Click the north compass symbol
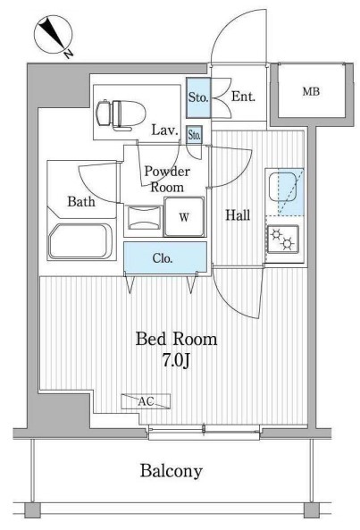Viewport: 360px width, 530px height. tap(54, 36)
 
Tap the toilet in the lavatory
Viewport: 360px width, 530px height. tap(121, 114)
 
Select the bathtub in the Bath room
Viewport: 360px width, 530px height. tap(80, 241)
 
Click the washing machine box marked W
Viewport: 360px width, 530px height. tap(184, 216)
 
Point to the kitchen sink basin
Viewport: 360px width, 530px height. tap(282, 187)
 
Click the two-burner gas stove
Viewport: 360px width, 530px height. tap(283, 240)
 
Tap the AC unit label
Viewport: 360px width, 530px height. tap(146, 401)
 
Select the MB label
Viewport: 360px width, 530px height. tap(311, 91)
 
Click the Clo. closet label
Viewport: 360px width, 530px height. tap(163, 258)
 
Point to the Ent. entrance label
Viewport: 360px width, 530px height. tap(243, 97)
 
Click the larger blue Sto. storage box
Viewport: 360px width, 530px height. tap(198, 98)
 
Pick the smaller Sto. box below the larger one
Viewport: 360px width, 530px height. tap(194, 135)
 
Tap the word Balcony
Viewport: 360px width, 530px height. tap(172, 471)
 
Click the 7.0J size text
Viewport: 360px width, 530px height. tap(177, 361)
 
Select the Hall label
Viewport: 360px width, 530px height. tap(238, 215)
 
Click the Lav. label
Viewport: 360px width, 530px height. tap(164, 130)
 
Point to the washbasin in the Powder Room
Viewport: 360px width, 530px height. tap(145, 218)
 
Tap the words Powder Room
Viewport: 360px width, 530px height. tap(167, 179)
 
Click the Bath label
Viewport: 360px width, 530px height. tap(81, 201)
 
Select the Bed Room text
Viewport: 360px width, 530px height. tap(176, 339)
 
